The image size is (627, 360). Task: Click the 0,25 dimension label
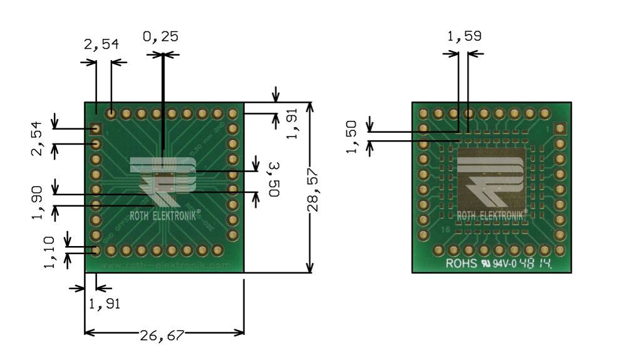point(160,37)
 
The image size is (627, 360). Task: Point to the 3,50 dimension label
point(274,180)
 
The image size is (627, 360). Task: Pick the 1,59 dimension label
point(464,36)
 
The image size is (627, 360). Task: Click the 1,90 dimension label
point(38,202)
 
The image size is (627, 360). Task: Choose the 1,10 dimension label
point(51,251)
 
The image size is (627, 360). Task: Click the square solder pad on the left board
point(96,130)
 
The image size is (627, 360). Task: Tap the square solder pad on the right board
point(560,129)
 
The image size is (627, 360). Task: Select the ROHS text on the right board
point(460,264)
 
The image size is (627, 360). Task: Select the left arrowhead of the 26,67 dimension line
point(88,332)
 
